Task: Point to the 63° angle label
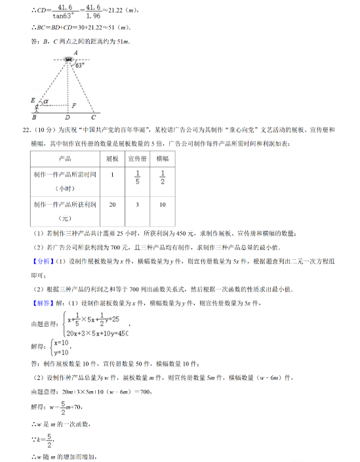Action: (80, 66)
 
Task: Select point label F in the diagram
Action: (73, 105)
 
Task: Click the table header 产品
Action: (65, 159)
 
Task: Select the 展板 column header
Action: (112, 159)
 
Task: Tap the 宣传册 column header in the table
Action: (138, 159)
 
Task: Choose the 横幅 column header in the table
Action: (163, 159)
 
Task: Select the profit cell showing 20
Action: (112, 205)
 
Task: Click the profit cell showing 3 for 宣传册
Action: (138, 205)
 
